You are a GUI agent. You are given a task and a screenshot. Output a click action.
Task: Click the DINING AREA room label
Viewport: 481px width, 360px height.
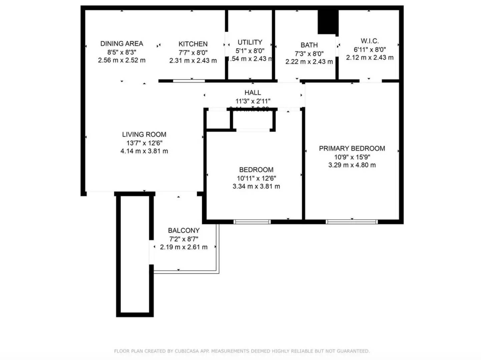click(x=122, y=44)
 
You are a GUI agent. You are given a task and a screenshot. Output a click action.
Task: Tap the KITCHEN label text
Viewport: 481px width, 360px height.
click(x=193, y=44)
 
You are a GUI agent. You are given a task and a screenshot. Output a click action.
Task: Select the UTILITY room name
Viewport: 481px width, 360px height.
click(x=250, y=42)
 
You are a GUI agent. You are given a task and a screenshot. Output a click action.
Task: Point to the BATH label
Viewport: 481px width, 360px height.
click(x=309, y=45)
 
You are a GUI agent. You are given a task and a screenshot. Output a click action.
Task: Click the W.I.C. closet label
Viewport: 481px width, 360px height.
click(x=370, y=41)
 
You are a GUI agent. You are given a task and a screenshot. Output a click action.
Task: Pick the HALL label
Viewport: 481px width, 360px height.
click(x=253, y=93)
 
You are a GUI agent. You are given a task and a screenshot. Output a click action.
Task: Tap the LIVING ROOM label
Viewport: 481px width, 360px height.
click(x=144, y=134)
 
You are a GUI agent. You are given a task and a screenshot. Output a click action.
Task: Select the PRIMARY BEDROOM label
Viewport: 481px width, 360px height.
click(x=352, y=148)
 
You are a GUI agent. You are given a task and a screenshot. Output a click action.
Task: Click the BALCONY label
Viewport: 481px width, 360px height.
click(x=184, y=230)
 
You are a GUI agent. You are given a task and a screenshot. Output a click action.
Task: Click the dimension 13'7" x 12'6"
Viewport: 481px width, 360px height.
click(x=144, y=143)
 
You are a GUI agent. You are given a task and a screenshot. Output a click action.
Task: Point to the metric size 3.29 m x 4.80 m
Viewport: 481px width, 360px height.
click(x=352, y=165)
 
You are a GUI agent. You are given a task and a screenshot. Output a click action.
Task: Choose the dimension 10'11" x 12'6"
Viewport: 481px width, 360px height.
click(x=256, y=178)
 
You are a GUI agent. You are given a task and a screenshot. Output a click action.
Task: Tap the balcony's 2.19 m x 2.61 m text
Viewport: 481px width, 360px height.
click(x=184, y=247)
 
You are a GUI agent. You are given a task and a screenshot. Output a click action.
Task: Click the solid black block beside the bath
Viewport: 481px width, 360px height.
click(x=328, y=22)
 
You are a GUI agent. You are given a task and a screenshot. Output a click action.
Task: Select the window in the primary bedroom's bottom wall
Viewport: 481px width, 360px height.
click(x=352, y=222)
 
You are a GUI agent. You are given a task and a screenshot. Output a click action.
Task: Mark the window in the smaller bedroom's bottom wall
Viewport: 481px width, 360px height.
click(x=252, y=222)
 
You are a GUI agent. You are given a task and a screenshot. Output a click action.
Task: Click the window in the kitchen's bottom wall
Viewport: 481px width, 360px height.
click(x=189, y=81)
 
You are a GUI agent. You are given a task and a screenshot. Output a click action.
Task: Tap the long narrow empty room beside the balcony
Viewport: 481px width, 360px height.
click(x=135, y=255)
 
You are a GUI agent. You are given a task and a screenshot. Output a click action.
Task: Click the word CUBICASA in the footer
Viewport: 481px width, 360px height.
click(x=187, y=351)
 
